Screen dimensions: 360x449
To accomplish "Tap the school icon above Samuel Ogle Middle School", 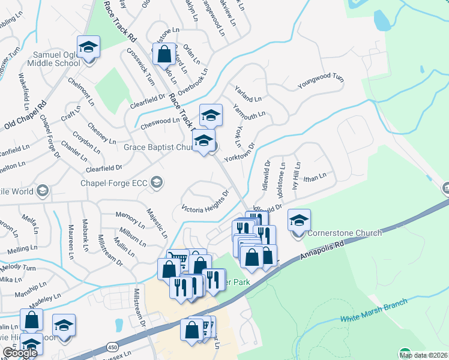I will [88, 47].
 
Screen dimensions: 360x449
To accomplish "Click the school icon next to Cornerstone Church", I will [299, 220].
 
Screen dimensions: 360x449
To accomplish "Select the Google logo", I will [19, 353].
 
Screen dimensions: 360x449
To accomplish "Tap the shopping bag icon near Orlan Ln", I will [164, 54].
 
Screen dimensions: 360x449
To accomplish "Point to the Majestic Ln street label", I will [157, 221].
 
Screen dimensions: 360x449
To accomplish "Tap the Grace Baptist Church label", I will [157, 147].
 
